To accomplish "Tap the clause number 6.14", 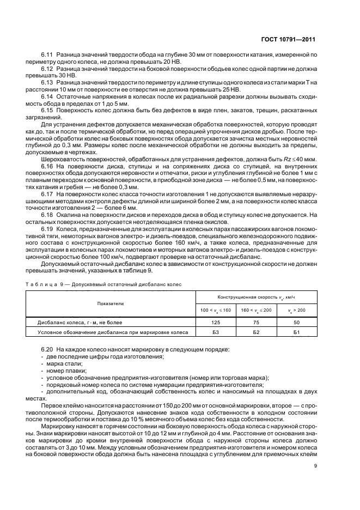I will coord(48,96).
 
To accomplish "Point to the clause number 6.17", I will coord(48,193).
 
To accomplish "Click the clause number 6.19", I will coord(48,229).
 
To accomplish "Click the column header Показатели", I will coord(111,302).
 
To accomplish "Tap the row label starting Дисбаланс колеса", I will coord(74,322).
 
